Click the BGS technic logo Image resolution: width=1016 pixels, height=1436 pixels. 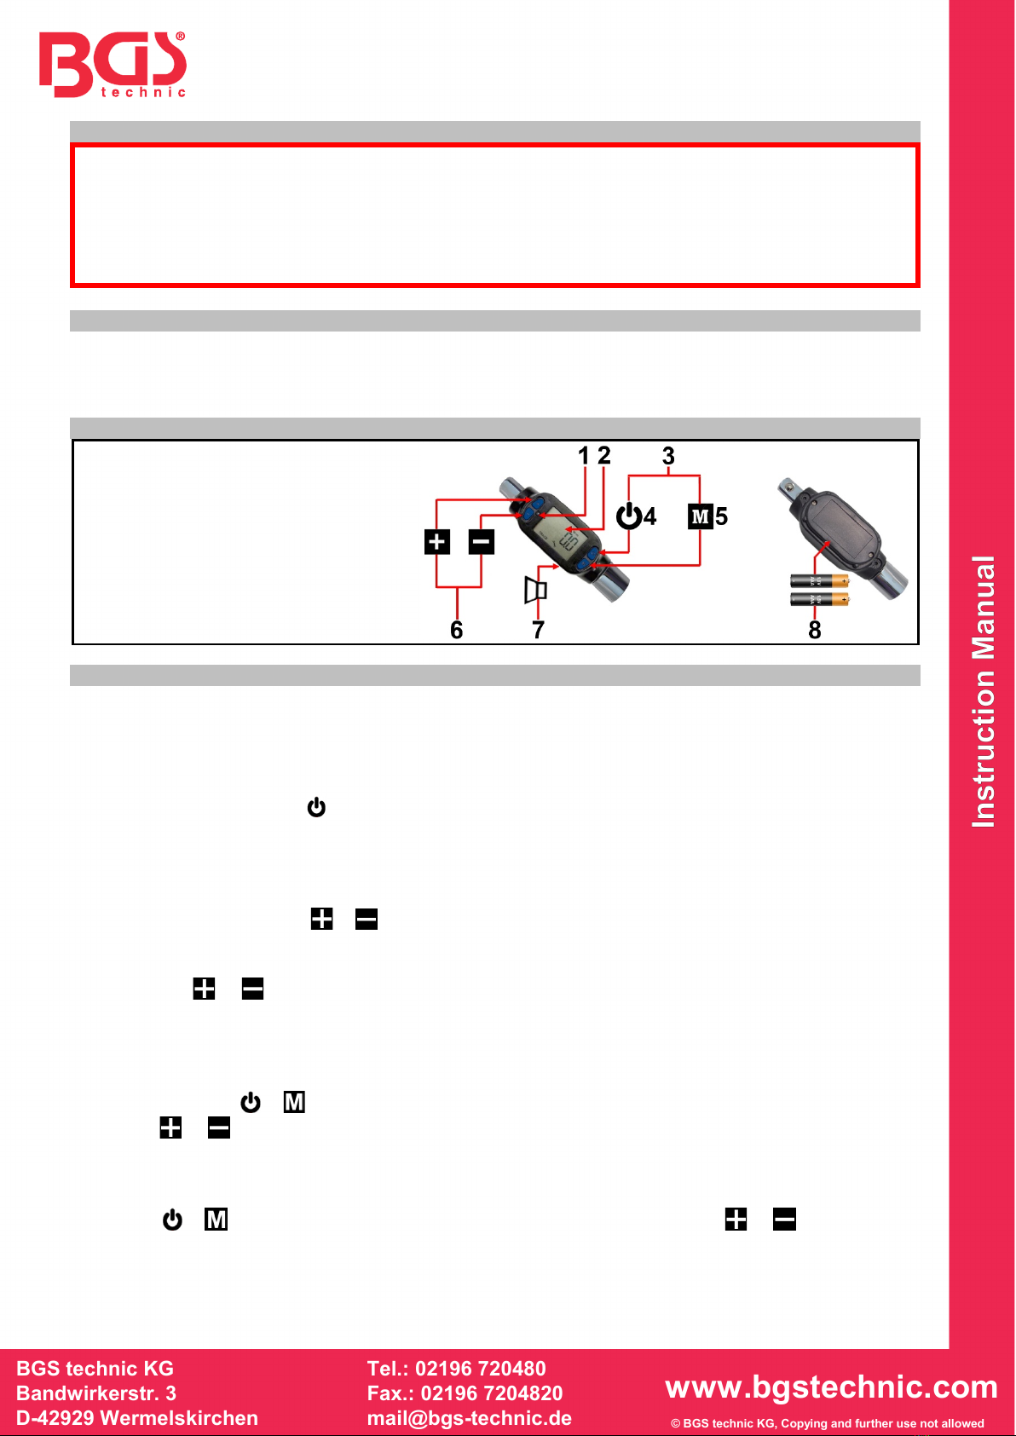(x=113, y=65)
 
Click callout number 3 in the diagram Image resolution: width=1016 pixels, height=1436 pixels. (x=668, y=456)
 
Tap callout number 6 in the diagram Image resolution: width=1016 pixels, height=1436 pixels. (x=456, y=630)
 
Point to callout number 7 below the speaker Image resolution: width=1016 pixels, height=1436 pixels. (x=539, y=630)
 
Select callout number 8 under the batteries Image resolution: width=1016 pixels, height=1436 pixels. (x=815, y=630)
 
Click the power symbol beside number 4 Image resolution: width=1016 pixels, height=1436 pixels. (x=629, y=516)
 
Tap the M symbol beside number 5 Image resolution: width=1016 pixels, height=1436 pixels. (x=700, y=516)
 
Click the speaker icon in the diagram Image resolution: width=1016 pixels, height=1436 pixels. (x=535, y=590)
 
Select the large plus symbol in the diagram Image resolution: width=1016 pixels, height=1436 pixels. (x=437, y=542)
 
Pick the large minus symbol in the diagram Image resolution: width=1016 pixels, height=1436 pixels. (x=482, y=542)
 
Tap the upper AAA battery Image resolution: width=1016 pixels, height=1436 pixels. (x=819, y=581)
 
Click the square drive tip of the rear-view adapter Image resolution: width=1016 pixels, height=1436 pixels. (x=788, y=488)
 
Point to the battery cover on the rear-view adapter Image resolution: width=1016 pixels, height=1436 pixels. (x=840, y=524)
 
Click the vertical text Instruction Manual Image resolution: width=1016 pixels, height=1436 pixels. (x=983, y=692)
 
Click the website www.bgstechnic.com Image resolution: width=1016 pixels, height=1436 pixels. (x=831, y=1387)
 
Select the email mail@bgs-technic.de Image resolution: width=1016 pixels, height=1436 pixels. (x=470, y=1418)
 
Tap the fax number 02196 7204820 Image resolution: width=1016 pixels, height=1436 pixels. (x=492, y=1393)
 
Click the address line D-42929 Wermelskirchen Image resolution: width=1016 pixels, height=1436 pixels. (x=137, y=1418)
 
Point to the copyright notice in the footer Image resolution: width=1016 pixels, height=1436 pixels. (x=827, y=1423)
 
